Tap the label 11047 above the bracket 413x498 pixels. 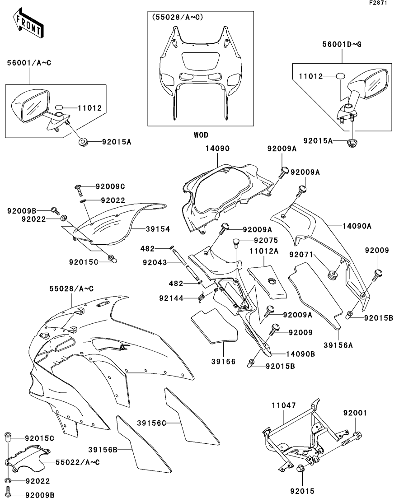pyautogui.click(x=283, y=405)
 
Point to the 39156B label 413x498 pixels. pyautogui.click(x=103, y=450)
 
